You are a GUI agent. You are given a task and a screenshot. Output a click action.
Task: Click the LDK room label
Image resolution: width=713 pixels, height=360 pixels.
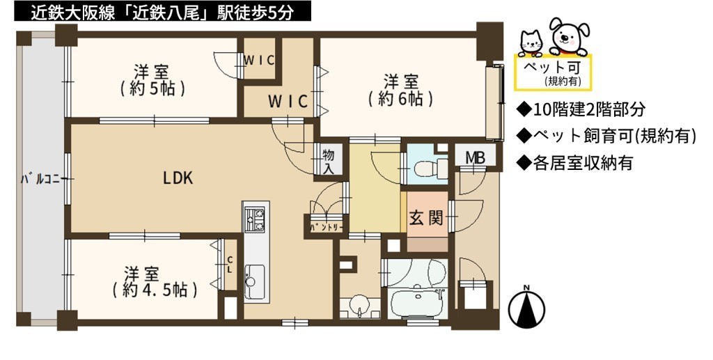[178, 178]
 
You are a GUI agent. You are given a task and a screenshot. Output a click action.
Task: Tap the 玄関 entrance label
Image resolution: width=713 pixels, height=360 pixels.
[426, 219]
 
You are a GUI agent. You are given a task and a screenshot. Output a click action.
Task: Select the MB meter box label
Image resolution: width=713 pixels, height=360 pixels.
[475, 158]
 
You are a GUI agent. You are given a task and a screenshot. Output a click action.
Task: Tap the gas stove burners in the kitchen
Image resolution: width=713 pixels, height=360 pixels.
[255, 218]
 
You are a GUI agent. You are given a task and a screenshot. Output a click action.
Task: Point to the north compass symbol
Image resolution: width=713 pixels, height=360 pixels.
[526, 308]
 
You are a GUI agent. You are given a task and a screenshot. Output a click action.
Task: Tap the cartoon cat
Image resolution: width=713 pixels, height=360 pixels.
[531, 43]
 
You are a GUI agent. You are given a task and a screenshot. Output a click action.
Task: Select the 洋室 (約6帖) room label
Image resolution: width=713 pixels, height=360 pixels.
[400, 91]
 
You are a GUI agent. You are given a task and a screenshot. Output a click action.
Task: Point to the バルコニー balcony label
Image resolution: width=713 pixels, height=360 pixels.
[40, 179]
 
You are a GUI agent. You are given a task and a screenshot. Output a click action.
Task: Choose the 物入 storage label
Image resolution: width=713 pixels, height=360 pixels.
[329, 161]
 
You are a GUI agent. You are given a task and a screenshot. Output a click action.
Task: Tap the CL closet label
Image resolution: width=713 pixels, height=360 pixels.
[230, 264]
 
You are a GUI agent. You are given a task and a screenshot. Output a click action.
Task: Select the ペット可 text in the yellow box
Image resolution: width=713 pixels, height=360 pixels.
[552, 68]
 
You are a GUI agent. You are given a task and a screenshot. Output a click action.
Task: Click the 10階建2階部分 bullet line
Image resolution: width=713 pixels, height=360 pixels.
[581, 109]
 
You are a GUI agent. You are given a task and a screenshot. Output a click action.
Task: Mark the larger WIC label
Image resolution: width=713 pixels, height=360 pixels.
[288, 101]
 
